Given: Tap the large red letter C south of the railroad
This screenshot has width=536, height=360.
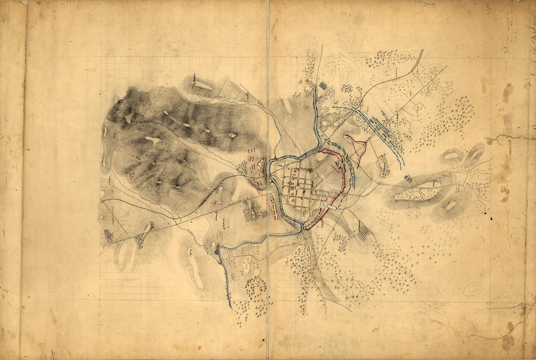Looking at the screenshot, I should [218, 202].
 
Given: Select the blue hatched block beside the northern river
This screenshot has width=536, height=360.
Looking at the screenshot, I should [323, 86].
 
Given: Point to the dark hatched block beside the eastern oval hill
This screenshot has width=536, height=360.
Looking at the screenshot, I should [408, 179].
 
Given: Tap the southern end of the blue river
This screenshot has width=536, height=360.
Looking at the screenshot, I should [230, 307].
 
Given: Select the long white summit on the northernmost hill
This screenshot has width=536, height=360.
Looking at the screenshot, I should [202, 86].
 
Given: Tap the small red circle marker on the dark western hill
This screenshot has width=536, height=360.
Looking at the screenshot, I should [153, 163].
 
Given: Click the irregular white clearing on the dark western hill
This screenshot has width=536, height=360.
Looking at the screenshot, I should [153, 140].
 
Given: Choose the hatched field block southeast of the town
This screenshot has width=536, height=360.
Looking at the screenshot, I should [363, 231].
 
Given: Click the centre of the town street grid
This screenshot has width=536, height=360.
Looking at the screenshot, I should [298, 188].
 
